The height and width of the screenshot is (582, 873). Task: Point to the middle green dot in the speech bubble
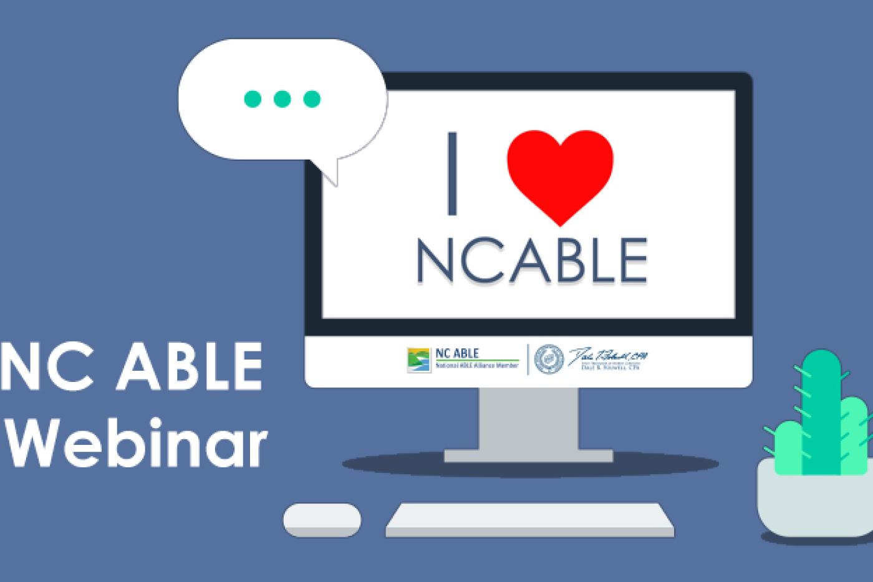(x=282, y=98)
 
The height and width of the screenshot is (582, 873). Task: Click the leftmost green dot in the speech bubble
(x=253, y=98)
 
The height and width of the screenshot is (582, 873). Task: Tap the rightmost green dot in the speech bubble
(x=312, y=98)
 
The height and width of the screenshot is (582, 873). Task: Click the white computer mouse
(x=322, y=520)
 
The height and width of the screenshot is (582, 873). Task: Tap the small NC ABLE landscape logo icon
(x=418, y=360)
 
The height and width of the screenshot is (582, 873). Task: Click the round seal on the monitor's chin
(x=549, y=359)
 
